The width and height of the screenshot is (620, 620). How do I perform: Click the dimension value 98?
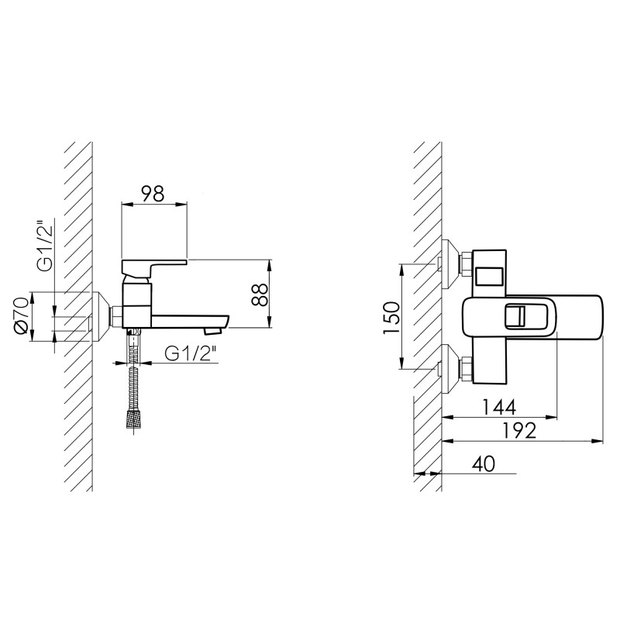[x=153, y=194]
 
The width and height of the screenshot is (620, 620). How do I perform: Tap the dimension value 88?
[x=260, y=294]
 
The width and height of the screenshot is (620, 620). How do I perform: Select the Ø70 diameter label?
[x=21, y=315]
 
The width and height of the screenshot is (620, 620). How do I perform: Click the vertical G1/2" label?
[x=45, y=244]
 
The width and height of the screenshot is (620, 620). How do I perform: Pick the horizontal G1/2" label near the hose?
[x=191, y=353]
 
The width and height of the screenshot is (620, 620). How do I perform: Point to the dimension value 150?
[x=391, y=317]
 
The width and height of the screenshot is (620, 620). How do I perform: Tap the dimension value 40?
[x=483, y=463]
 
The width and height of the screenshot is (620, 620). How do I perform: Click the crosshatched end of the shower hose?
[x=135, y=418]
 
